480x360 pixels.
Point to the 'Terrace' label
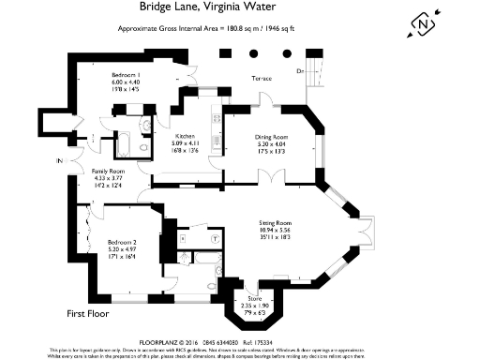point(261,79)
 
